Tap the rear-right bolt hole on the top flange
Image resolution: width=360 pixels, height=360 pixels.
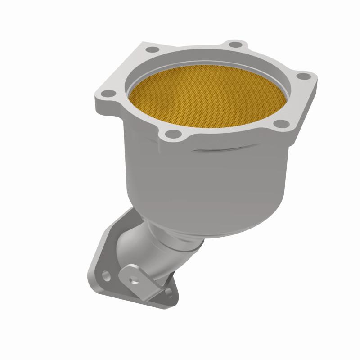click(233, 44)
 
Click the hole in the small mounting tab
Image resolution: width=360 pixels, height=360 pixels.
click(133, 279)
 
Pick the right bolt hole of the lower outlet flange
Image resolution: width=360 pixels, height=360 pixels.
click(168, 292)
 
